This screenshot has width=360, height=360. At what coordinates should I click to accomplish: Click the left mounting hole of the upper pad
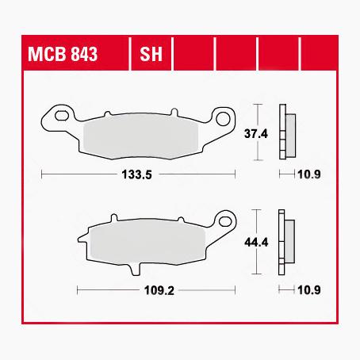(56, 120)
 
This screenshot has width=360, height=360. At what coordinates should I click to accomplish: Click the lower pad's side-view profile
(284, 241)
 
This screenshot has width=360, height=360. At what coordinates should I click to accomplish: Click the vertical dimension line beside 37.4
(256, 115)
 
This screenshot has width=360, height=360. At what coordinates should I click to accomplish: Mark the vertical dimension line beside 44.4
(256, 222)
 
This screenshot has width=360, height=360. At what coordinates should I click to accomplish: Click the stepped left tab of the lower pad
(82, 239)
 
